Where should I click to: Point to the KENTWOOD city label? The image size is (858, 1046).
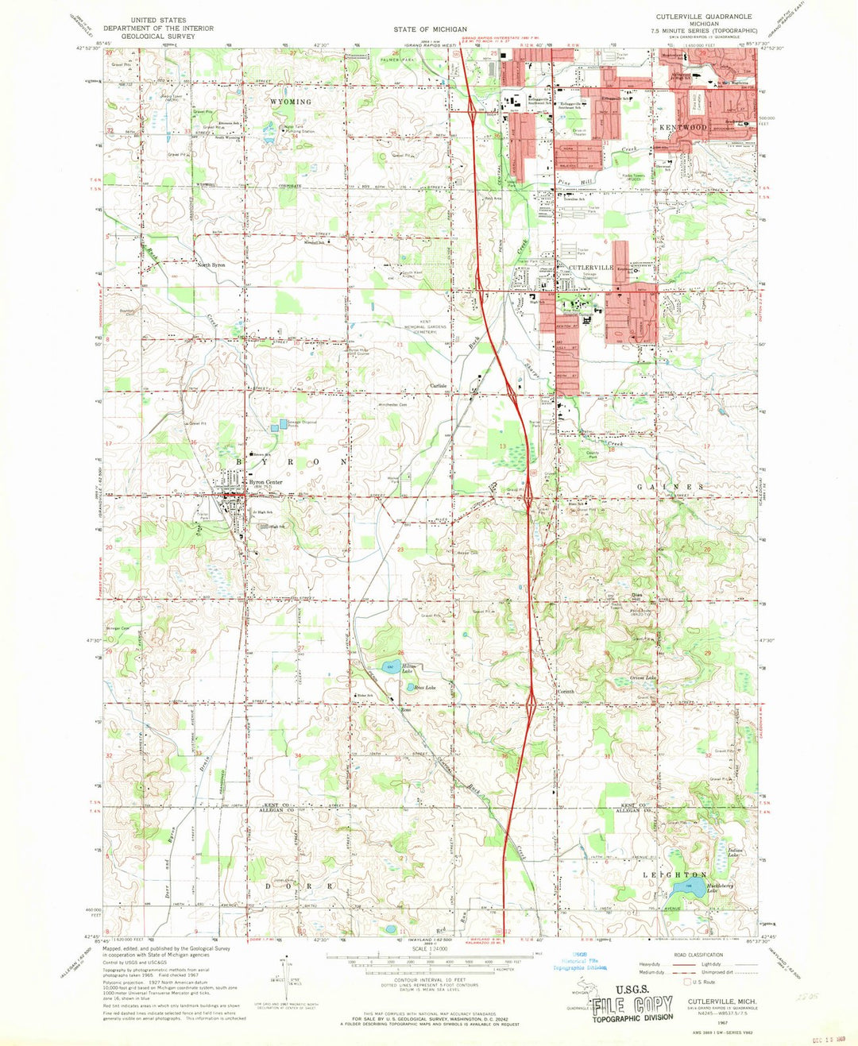pyautogui.click(x=681, y=127)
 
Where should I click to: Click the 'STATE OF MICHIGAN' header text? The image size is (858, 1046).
pyautogui.click(x=430, y=29)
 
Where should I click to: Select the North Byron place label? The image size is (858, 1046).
pyautogui.click(x=211, y=264)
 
